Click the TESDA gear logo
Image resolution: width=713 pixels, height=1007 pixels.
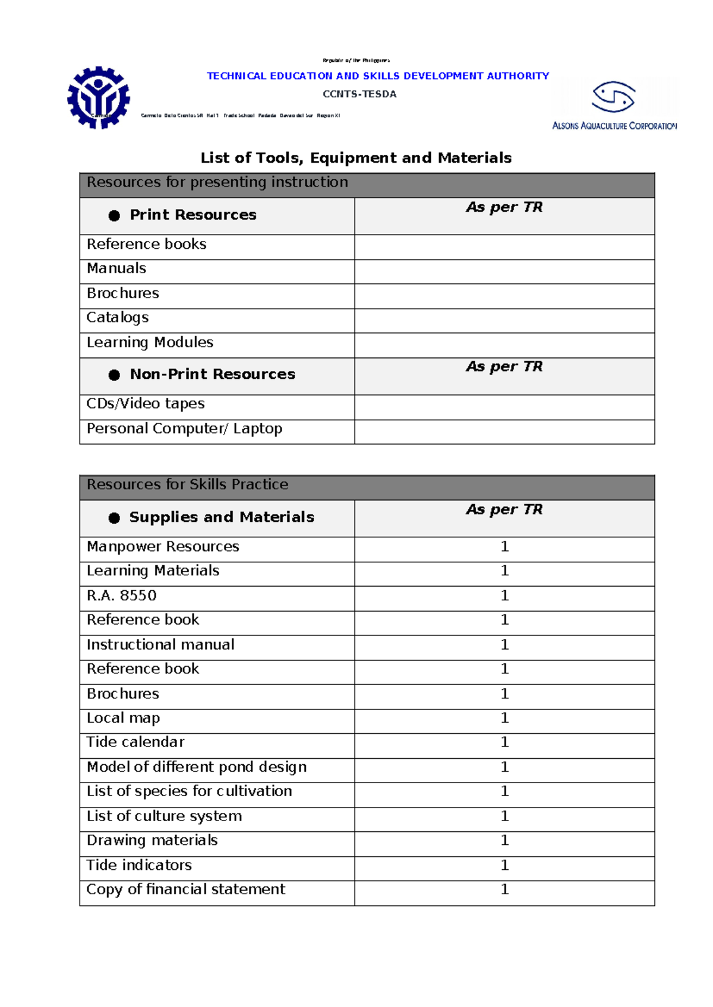coord(99,98)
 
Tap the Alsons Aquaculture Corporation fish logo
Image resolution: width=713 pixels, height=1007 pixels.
coord(614,97)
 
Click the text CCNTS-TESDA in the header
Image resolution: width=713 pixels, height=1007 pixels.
coord(359,94)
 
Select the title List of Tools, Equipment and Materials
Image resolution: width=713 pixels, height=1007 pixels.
coord(356,158)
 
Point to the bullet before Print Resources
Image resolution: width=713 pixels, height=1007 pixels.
coord(114,216)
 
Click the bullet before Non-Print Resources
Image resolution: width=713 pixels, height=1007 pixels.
coord(114,375)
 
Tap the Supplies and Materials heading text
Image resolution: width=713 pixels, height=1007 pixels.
coord(222,517)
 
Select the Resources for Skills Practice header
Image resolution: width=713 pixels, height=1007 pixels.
coord(188,484)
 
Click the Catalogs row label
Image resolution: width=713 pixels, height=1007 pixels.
coord(118,318)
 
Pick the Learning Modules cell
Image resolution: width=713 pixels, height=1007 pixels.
coord(150,343)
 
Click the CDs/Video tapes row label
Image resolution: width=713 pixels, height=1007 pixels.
coord(146,404)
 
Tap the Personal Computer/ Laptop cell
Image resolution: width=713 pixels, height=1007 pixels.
coord(184,429)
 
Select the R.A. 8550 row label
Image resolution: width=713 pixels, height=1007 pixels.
coord(122,596)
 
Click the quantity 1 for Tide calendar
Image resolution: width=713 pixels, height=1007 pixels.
coord(504,742)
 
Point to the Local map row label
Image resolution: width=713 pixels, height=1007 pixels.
coord(124,718)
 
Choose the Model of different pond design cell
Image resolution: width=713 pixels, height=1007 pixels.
coord(197,767)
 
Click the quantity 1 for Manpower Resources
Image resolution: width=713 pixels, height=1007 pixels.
coord(504,546)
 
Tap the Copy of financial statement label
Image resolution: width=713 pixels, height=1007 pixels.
coord(186,889)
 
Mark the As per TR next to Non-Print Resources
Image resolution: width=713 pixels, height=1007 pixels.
coord(504,367)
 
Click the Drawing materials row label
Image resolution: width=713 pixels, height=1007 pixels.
coord(152,840)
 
